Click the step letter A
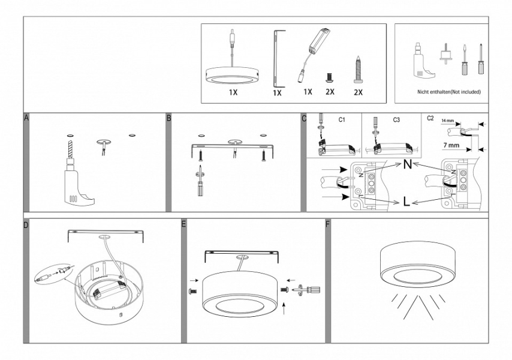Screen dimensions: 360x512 pos(26,118)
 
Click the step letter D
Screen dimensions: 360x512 pos(26,225)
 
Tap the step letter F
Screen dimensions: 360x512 pos(327,225)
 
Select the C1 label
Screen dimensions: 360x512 pos(342,120)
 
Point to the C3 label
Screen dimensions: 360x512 pos(397,120)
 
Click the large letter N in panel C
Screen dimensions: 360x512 pos(407,164)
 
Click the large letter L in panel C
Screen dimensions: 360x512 pos(407,202)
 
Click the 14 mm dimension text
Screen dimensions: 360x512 pos(447,121)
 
